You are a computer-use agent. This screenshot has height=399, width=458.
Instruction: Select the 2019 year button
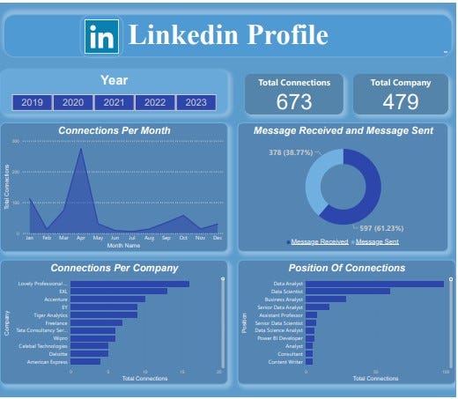point(33,103)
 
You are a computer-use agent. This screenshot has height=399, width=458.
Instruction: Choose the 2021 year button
point(114,103)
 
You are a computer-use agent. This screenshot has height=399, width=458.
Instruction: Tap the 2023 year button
point(196,103)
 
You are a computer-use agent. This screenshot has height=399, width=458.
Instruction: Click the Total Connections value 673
point(294,101)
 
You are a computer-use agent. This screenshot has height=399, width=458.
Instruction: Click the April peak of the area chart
point(81,150)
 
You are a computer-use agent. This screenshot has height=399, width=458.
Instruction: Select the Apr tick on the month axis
point(81,238)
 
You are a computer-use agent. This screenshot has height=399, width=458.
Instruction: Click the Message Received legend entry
point(319,241)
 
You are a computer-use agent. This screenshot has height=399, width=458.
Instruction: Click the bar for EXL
point(118,291)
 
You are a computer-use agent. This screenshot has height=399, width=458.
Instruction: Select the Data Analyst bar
point(374,284)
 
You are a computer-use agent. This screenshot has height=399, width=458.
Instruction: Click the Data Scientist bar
point(347,291)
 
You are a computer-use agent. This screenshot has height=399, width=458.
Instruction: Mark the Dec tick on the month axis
point(217,238)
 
